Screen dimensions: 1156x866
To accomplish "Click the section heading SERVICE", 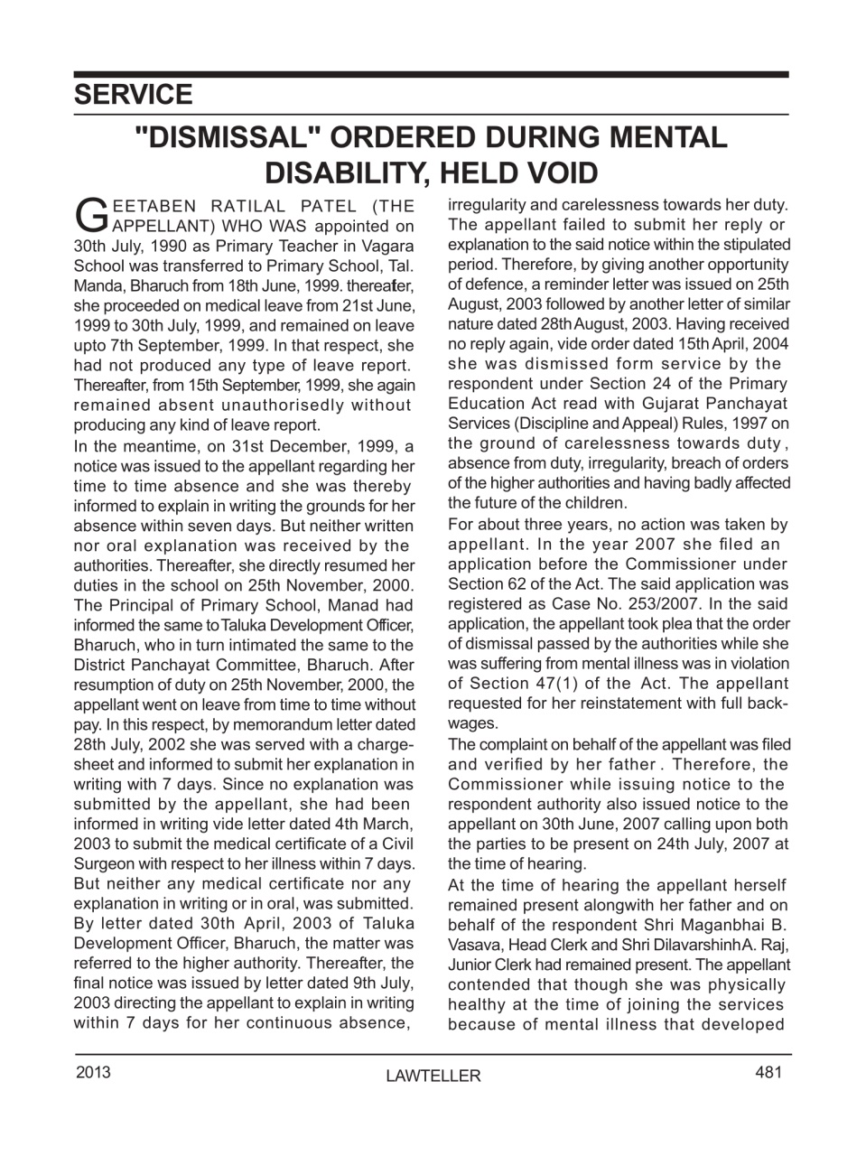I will click(133, 95).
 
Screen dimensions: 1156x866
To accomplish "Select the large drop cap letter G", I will click(89, 215).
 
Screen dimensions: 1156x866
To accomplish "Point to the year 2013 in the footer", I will click(93, 1072).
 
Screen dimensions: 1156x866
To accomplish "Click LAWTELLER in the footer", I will click(433, 1076).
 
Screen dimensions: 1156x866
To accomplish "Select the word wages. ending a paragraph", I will click(472, 723).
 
